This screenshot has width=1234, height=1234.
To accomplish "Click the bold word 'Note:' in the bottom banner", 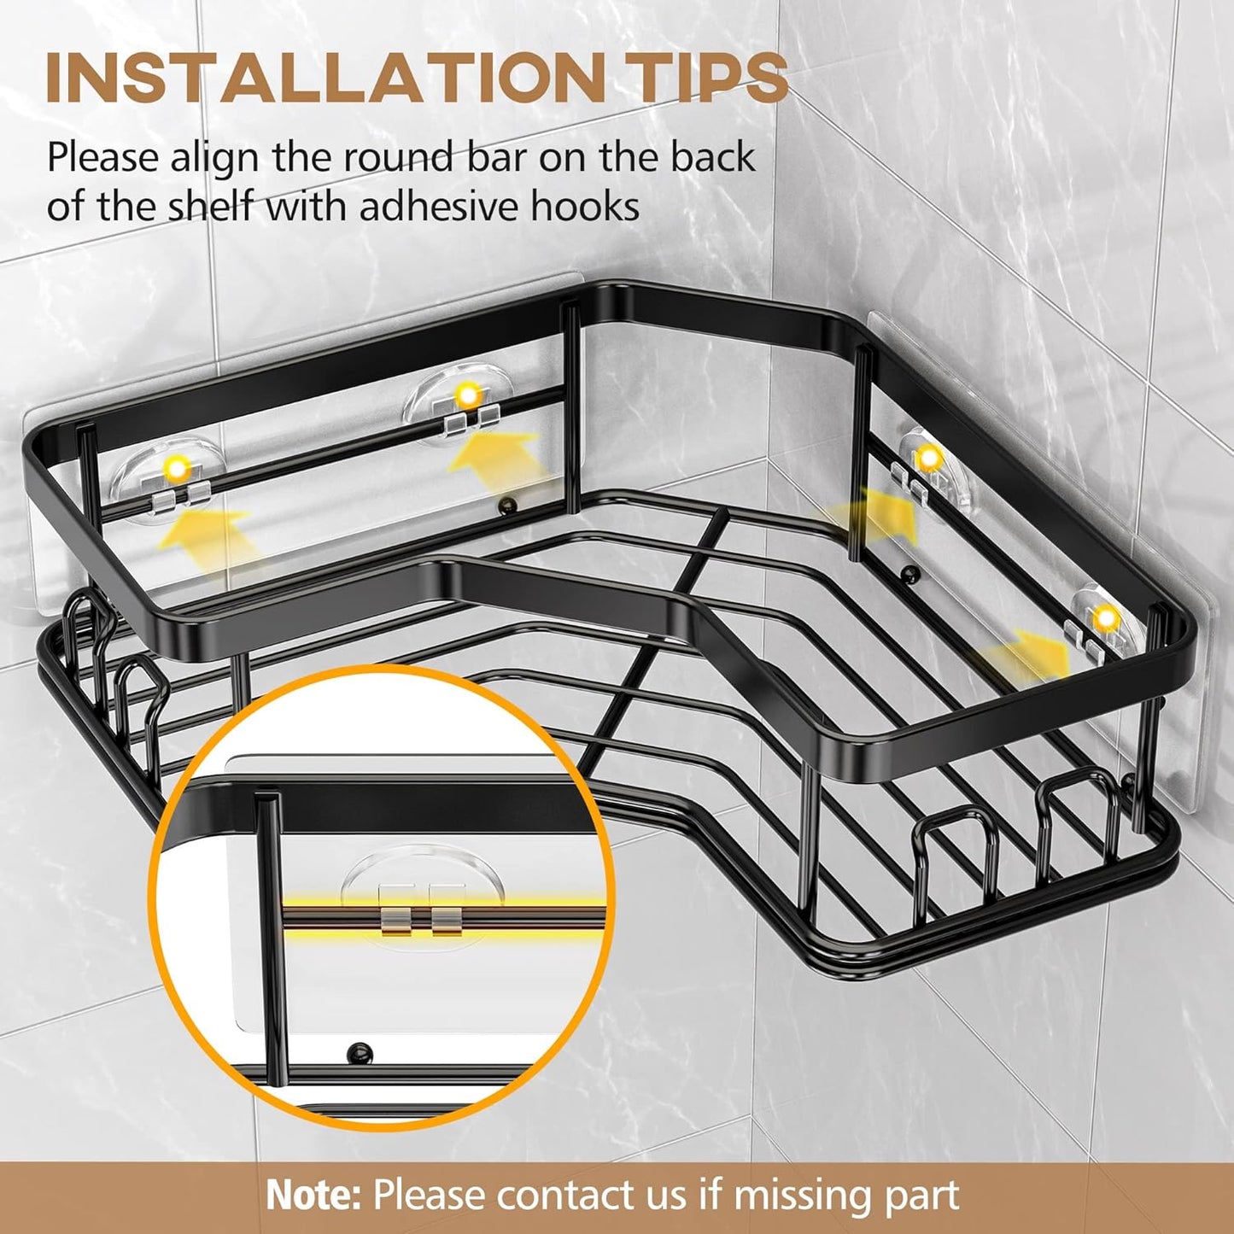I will click(x=313, y=1194).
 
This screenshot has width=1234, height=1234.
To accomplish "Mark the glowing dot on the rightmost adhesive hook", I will click(x=1107, y=617).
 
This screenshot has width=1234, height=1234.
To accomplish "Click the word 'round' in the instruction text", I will click(x=394, y=158).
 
